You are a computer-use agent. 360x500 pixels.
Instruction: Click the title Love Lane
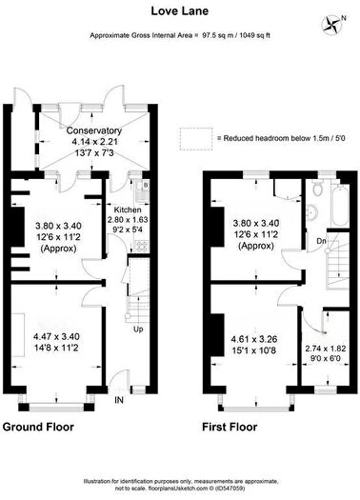coord(180,11)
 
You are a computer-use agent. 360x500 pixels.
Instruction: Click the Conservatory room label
coord(94,130)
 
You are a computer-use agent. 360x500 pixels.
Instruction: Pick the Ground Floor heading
coord(40,426)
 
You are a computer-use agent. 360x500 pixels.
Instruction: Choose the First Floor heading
coord(231,426)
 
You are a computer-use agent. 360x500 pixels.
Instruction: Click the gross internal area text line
coord(179,35)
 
